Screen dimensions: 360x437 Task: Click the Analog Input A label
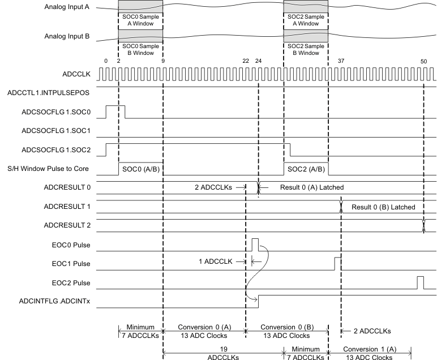pyautogui.click(x=69, y=8)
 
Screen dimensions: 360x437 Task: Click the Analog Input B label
pyautogui.click(x=69, y=36)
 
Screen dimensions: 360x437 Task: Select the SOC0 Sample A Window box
pyautogui.click(x=140, y=20)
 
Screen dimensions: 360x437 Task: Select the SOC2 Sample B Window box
pyautogui.click(x=306, y=49)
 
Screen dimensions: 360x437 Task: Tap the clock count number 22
pyautogui.click(x=246, y=61)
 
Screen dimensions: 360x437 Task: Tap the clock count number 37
pyautogui.click(x=341, y=61)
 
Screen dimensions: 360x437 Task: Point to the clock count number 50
pyautogui.click(x=424, y=61)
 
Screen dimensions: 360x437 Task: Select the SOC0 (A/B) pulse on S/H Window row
pyautogui.click(x=140, y=169)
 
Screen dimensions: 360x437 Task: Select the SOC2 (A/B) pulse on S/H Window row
pyautogui.click(x=306, y=169)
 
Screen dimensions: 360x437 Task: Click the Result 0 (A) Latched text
pyautogui.click(x=312, y=187)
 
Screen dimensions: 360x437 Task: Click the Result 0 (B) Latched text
pyautogui.click(x=383, y=207)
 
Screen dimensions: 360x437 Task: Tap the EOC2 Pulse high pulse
pyautogui.click(x=420, y=282)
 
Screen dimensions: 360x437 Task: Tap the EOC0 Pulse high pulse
pyautogui.click(x=255, y=244)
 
